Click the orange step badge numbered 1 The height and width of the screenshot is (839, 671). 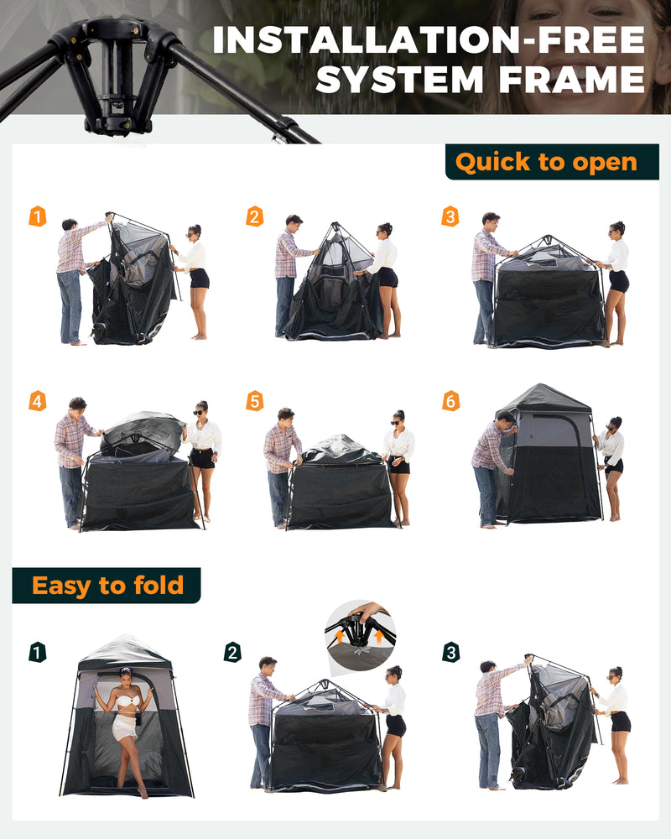tap(38, 216)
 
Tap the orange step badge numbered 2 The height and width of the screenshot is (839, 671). tap(254, 216)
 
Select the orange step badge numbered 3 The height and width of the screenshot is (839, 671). tap(450, 216)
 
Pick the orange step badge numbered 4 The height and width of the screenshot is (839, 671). tap(38, 401)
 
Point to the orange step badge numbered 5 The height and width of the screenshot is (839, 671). tap(254, 401)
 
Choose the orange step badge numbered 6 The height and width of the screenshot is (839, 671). tap(450, 401)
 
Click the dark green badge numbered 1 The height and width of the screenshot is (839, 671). tap(38, 652)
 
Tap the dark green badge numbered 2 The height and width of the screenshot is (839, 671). tap(232, 652)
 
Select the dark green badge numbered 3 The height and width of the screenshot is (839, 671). tap(451, 652)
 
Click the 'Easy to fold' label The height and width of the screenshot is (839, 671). tap(107, 585)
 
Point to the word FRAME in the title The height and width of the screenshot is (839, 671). tap(570, 80)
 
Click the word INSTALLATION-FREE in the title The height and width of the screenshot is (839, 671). tap(429, 40)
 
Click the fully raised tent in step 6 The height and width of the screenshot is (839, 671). tap(549, 457)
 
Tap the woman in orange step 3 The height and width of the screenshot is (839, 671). tap(616, 281)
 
